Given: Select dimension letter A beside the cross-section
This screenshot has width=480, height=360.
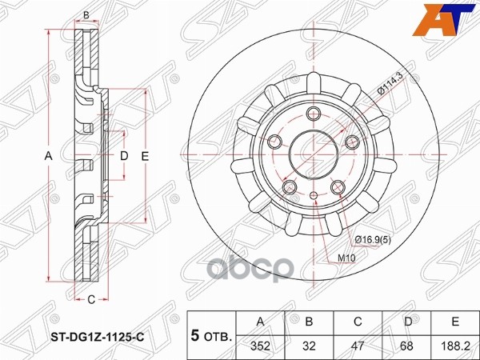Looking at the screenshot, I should (48, 157).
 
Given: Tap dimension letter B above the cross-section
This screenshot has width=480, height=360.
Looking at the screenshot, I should (86, 15).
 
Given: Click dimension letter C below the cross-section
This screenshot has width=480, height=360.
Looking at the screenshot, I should (90, 299).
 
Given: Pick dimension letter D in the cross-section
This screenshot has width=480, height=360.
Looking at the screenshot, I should (124, 157).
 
